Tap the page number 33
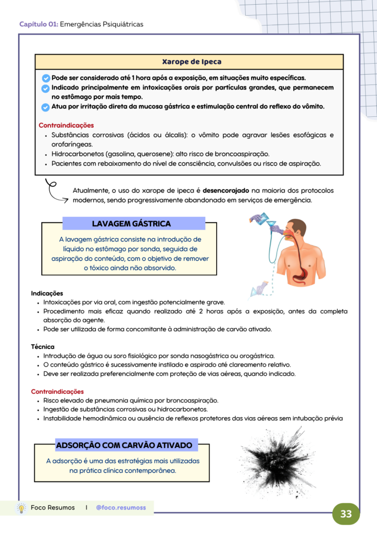click(346, 514)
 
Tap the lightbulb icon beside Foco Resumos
click(21, 508)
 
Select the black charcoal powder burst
click(271, 457)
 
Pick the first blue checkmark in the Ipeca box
click(45, 78)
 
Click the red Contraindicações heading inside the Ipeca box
click(66, 125)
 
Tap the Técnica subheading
click(43, 346)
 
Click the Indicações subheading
click(47, 293)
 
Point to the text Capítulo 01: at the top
click(39, 25)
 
